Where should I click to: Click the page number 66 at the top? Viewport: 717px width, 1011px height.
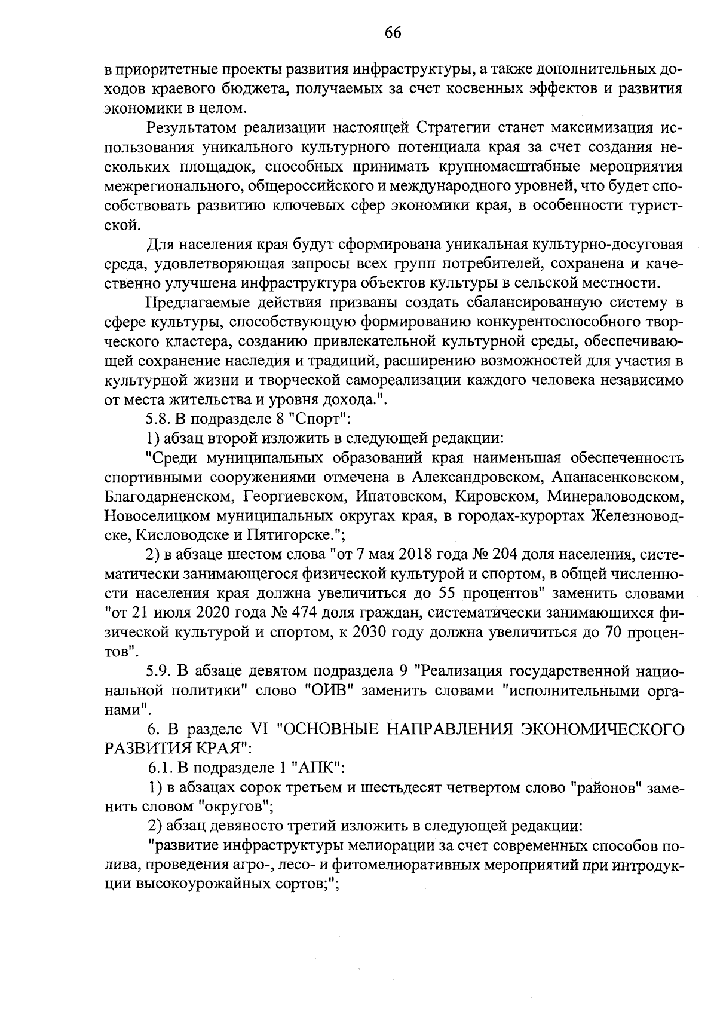[x=393, y=33]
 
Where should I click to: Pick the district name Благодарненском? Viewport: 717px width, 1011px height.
[x=166, y=496]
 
